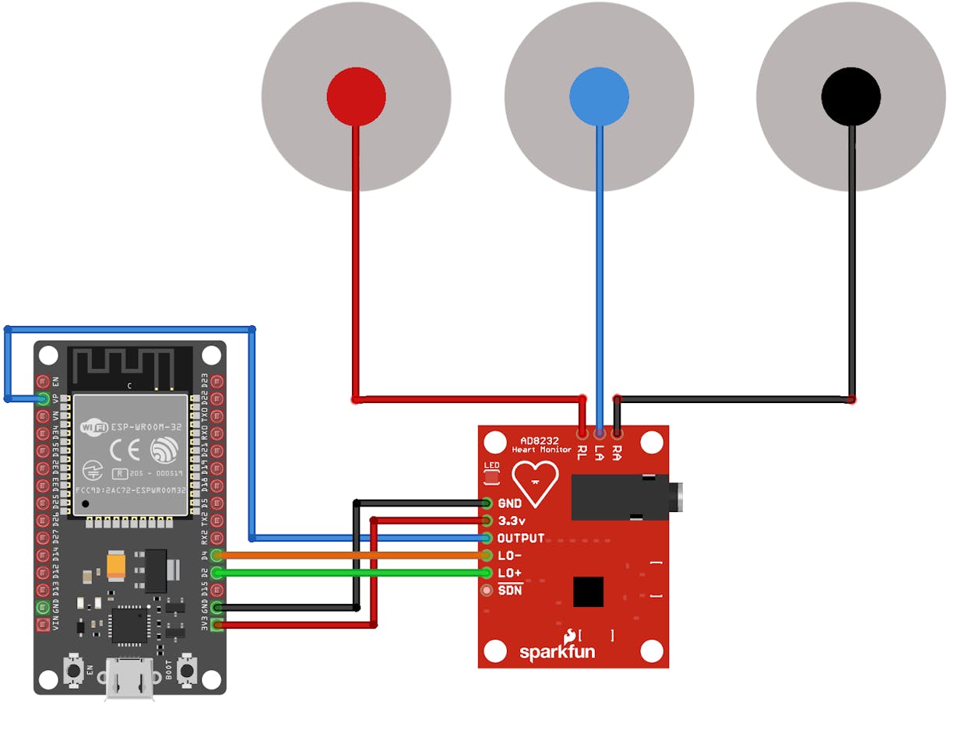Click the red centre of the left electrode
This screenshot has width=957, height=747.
click(356, 96)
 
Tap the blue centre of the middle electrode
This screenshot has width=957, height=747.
click(599, 96)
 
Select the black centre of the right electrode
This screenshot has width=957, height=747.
click(851, 96)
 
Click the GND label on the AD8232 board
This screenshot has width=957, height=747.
click(510, 503)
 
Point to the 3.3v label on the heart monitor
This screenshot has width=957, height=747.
click(512, 521)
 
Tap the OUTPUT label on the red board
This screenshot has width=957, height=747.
click(521, 538)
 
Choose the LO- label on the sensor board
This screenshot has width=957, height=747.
click(510, 556)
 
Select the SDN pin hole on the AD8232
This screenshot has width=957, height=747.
click(487, 591)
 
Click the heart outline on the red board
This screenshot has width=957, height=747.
click(535, 482)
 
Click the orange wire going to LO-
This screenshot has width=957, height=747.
click(350, 556)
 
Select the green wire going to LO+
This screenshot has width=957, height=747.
click(350, 573)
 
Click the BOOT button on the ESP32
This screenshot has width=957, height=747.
click(187, 670)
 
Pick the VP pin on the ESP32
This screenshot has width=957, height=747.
click(44, 399)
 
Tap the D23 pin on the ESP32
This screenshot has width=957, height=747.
click(216, 382)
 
